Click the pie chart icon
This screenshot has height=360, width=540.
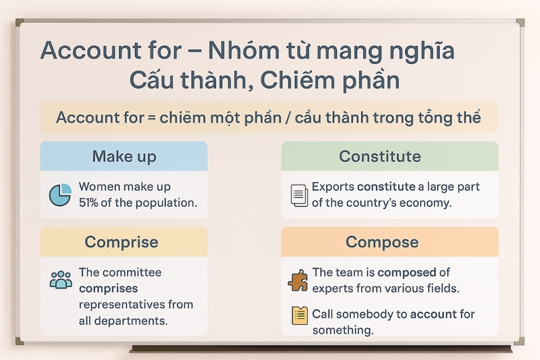point(60,195)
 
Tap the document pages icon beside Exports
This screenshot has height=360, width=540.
point(299,195)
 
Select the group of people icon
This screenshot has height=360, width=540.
point(61,280)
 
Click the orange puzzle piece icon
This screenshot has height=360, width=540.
point(298,280)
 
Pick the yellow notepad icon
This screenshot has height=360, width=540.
point(300,315)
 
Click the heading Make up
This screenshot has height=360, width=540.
point(124,157)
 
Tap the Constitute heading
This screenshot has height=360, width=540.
point(380,157)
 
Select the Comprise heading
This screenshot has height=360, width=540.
point(122,242)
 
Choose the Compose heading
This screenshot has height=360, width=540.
point(382,242)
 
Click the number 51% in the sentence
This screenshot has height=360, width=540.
point(88,203)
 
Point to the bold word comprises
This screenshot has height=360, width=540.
point(108,288)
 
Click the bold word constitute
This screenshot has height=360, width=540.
point(386,186)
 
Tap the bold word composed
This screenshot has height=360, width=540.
point(407,273)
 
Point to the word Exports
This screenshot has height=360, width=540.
point(333,187)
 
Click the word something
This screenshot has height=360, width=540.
point(343,330)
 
